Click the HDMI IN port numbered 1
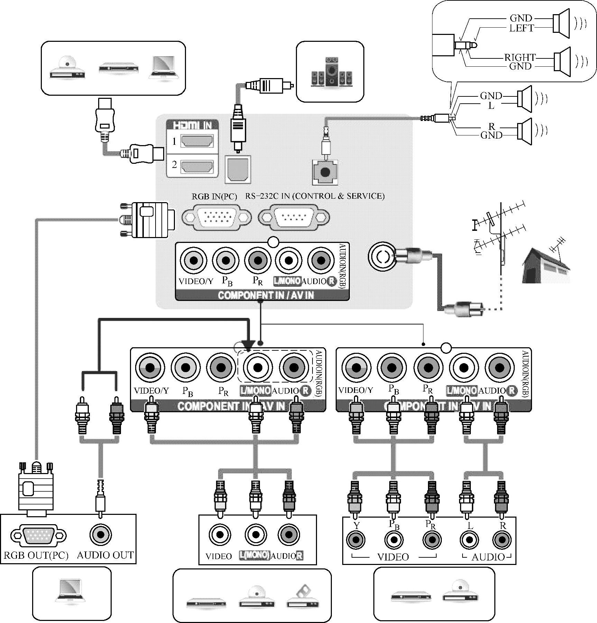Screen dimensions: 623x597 (197, 141)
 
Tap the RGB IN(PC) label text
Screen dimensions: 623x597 (214, 196)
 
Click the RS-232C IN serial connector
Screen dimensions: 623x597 (294, 217)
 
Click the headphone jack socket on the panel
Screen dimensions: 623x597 (325, 172)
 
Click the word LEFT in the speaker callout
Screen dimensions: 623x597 (522, 28)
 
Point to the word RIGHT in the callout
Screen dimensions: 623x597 (520, 57)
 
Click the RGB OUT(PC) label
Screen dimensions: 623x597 (36, 555)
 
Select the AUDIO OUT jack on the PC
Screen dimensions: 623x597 (101, 535)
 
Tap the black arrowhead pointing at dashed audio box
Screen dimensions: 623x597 (249, 345)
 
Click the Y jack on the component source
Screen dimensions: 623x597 (356, 539)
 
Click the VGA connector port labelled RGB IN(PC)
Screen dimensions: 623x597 (217, 217)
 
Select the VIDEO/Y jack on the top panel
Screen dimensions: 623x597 (194, 260)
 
